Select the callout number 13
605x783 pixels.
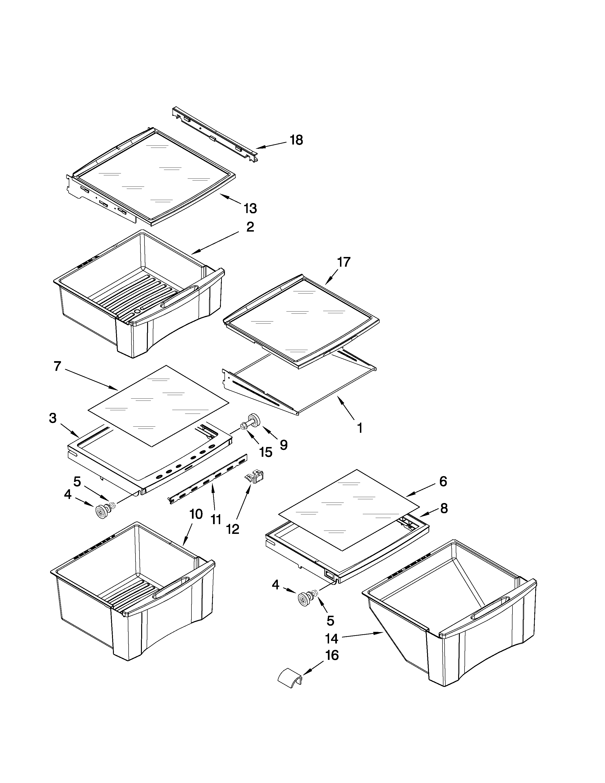pos(250,208)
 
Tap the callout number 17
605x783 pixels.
pos(343,262)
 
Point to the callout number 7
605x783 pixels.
pos(57,366)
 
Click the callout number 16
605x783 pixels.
pos(331,655)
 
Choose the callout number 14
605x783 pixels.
pos(331,638)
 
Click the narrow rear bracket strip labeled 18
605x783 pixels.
pos(215,135)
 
